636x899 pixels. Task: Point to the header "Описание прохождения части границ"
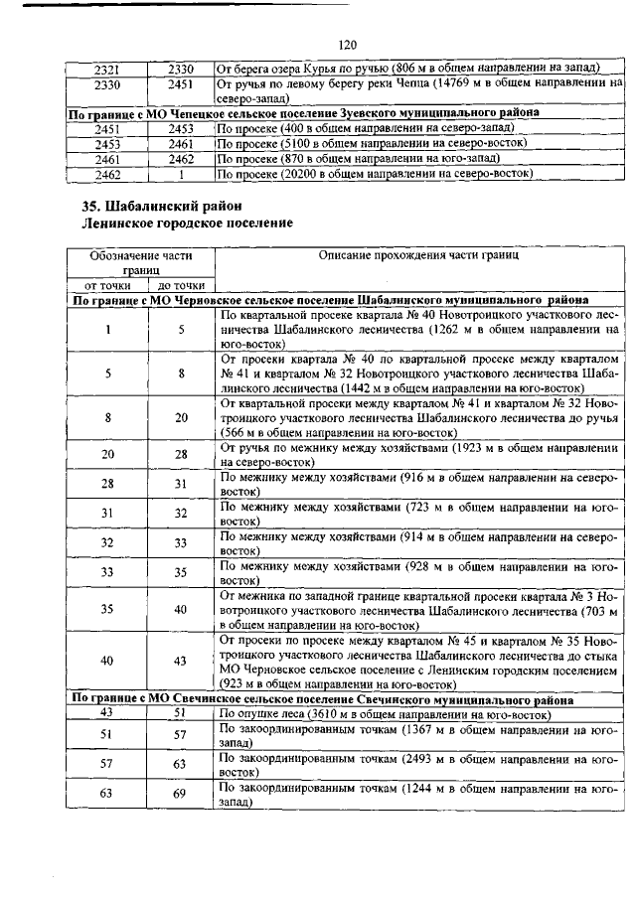tap(418, 255)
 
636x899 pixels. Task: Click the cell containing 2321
tap(106, 68)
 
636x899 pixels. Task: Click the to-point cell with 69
tap(181, 794)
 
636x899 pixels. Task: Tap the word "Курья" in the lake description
tap(322, 68)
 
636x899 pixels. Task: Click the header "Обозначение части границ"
tap(142, 261)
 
